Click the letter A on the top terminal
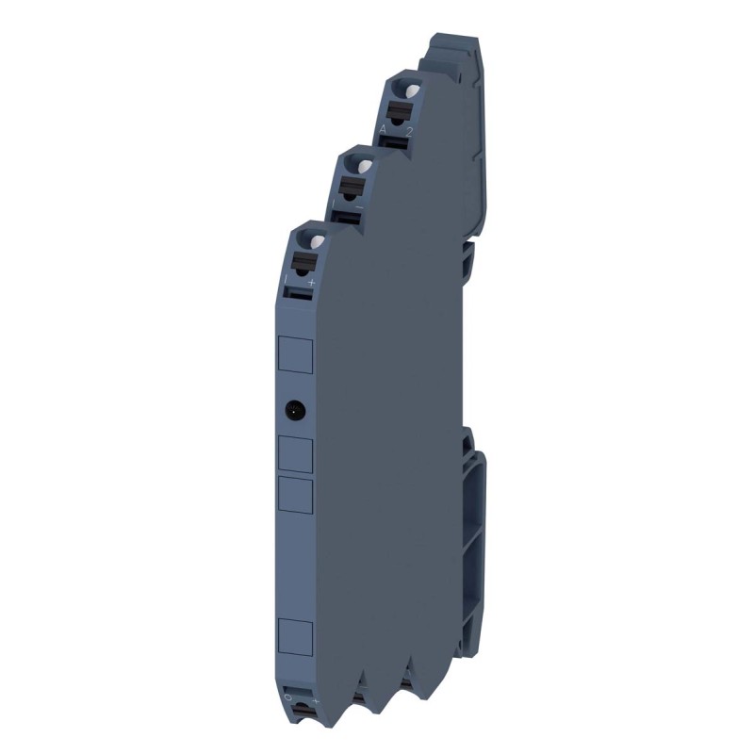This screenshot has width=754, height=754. [x=384, y=127]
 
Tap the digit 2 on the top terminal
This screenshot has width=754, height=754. [x=407, y=130]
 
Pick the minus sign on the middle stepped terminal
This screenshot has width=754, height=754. [x=358, y=205]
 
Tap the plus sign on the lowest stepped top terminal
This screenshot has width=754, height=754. [x=311, y=282]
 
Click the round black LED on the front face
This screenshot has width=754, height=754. [x=294, y=408]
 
